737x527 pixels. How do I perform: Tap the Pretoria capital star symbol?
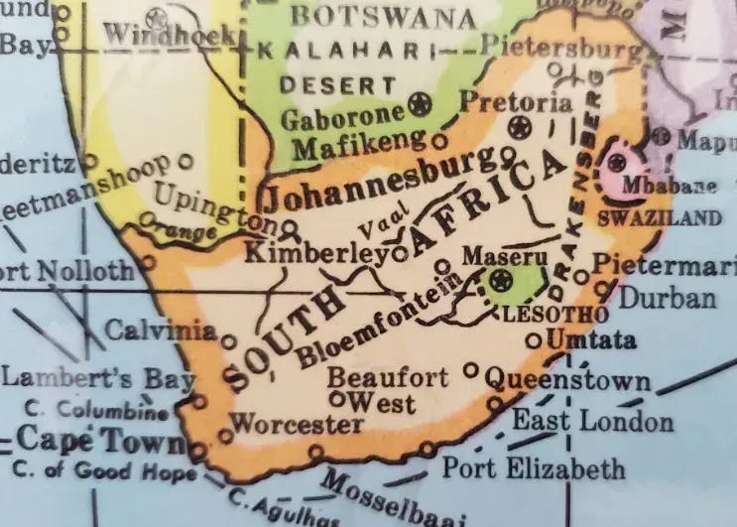517,127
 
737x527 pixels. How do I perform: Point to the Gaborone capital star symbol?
421,104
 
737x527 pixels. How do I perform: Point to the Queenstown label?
567,380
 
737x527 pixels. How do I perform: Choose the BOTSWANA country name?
383,17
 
